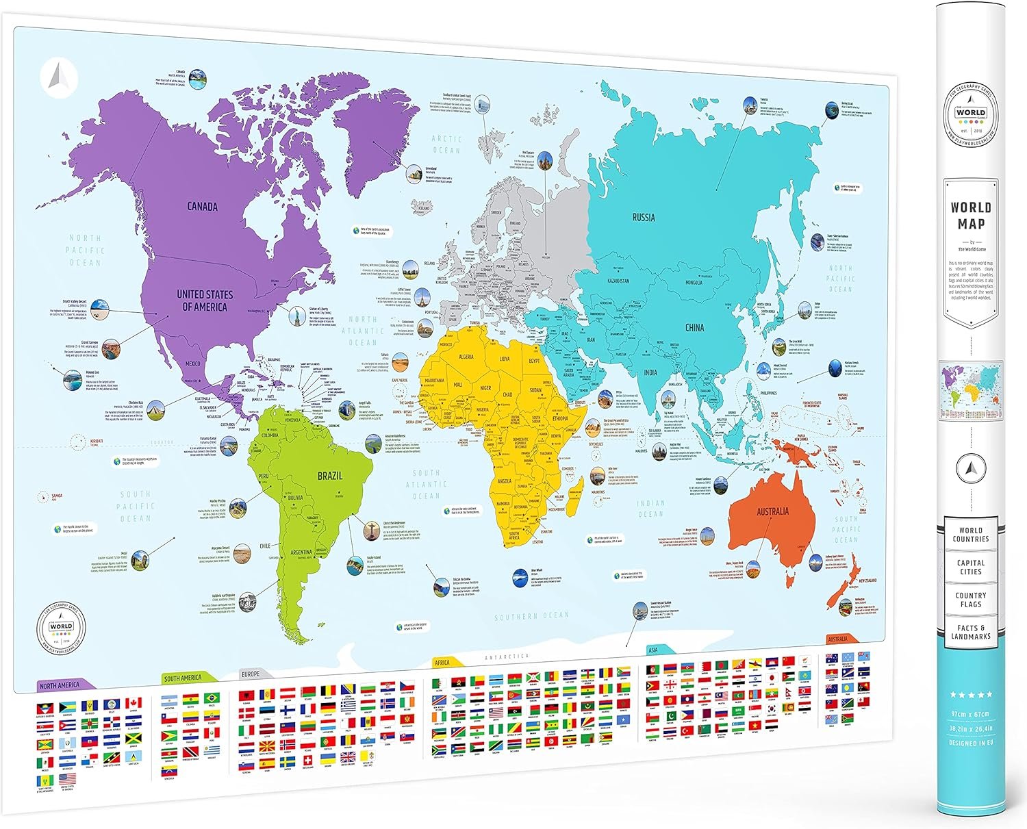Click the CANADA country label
tap(203, 206)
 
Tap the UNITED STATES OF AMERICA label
tap(205, 301)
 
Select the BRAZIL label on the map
tap(329, 476)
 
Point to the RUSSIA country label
tap(643, 218)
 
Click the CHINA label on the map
tap(694, 327)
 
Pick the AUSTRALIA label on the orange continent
tap(772, 511)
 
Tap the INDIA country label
tap(650, 372)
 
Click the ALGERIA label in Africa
tap(466, 357)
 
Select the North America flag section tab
tap(60, 685)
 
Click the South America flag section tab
tap(183, 678)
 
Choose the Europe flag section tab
tap(251, 674)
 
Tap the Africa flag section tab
tap(442, 663)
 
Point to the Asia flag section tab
tap(653, 650)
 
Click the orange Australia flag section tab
tap(838, 639)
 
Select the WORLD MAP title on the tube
tap(970, 216)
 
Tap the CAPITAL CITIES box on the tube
tap(970, 567)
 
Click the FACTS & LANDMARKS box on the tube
tap(970, 632)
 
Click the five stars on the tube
tap(970, 695)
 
